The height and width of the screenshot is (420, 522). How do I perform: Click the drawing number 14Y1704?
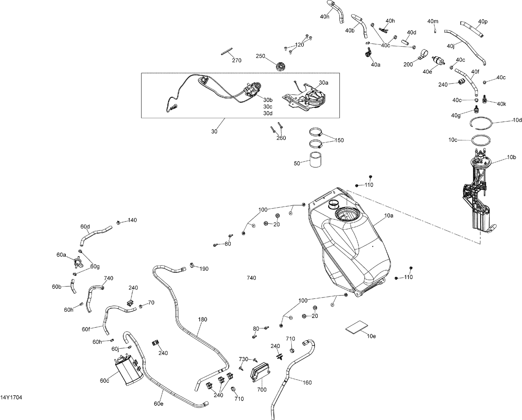(11, 397)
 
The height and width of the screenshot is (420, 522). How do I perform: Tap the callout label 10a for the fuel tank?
(389, 216)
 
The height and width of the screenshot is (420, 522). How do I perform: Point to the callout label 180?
(203, 319)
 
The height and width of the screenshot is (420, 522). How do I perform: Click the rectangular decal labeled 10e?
(357, 327)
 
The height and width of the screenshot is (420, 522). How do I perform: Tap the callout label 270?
(237, 61)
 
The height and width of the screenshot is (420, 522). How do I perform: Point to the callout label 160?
(307, 382)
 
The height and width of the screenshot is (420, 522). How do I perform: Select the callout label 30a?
(323, 83)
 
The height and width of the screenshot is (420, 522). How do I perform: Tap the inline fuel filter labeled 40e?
(439, 61)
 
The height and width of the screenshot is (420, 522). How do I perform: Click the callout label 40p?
(483, 22)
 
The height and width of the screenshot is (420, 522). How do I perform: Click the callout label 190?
(204, 269)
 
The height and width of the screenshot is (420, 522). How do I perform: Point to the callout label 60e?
(158, 404)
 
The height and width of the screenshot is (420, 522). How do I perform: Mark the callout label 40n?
(325, 16)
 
